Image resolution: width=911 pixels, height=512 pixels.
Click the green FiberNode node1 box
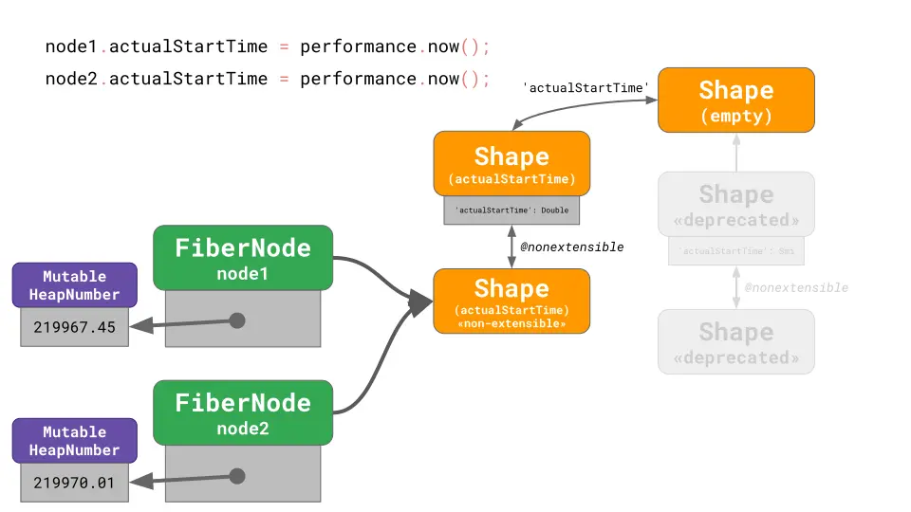243,257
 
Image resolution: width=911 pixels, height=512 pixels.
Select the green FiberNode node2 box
243,412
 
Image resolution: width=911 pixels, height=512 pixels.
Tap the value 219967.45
74,327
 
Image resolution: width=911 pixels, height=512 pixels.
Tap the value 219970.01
74,483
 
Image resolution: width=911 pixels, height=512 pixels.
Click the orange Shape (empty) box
735,100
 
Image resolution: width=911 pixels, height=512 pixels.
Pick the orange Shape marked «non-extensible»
511,301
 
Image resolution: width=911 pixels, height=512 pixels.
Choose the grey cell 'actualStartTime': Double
511,210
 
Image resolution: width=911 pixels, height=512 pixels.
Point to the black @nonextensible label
572,247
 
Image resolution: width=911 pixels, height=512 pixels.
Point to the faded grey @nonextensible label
796,287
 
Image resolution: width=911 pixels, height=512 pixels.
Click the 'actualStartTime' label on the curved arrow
586,87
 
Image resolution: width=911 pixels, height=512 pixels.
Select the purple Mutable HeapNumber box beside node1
74,285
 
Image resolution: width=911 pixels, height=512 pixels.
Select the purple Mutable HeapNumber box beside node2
74,441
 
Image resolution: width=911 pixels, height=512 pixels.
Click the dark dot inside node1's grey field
237,320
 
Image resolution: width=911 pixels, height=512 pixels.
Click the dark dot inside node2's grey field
237,476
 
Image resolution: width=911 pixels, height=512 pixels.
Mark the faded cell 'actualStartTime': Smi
735,251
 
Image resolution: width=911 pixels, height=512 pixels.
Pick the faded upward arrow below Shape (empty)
736,152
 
